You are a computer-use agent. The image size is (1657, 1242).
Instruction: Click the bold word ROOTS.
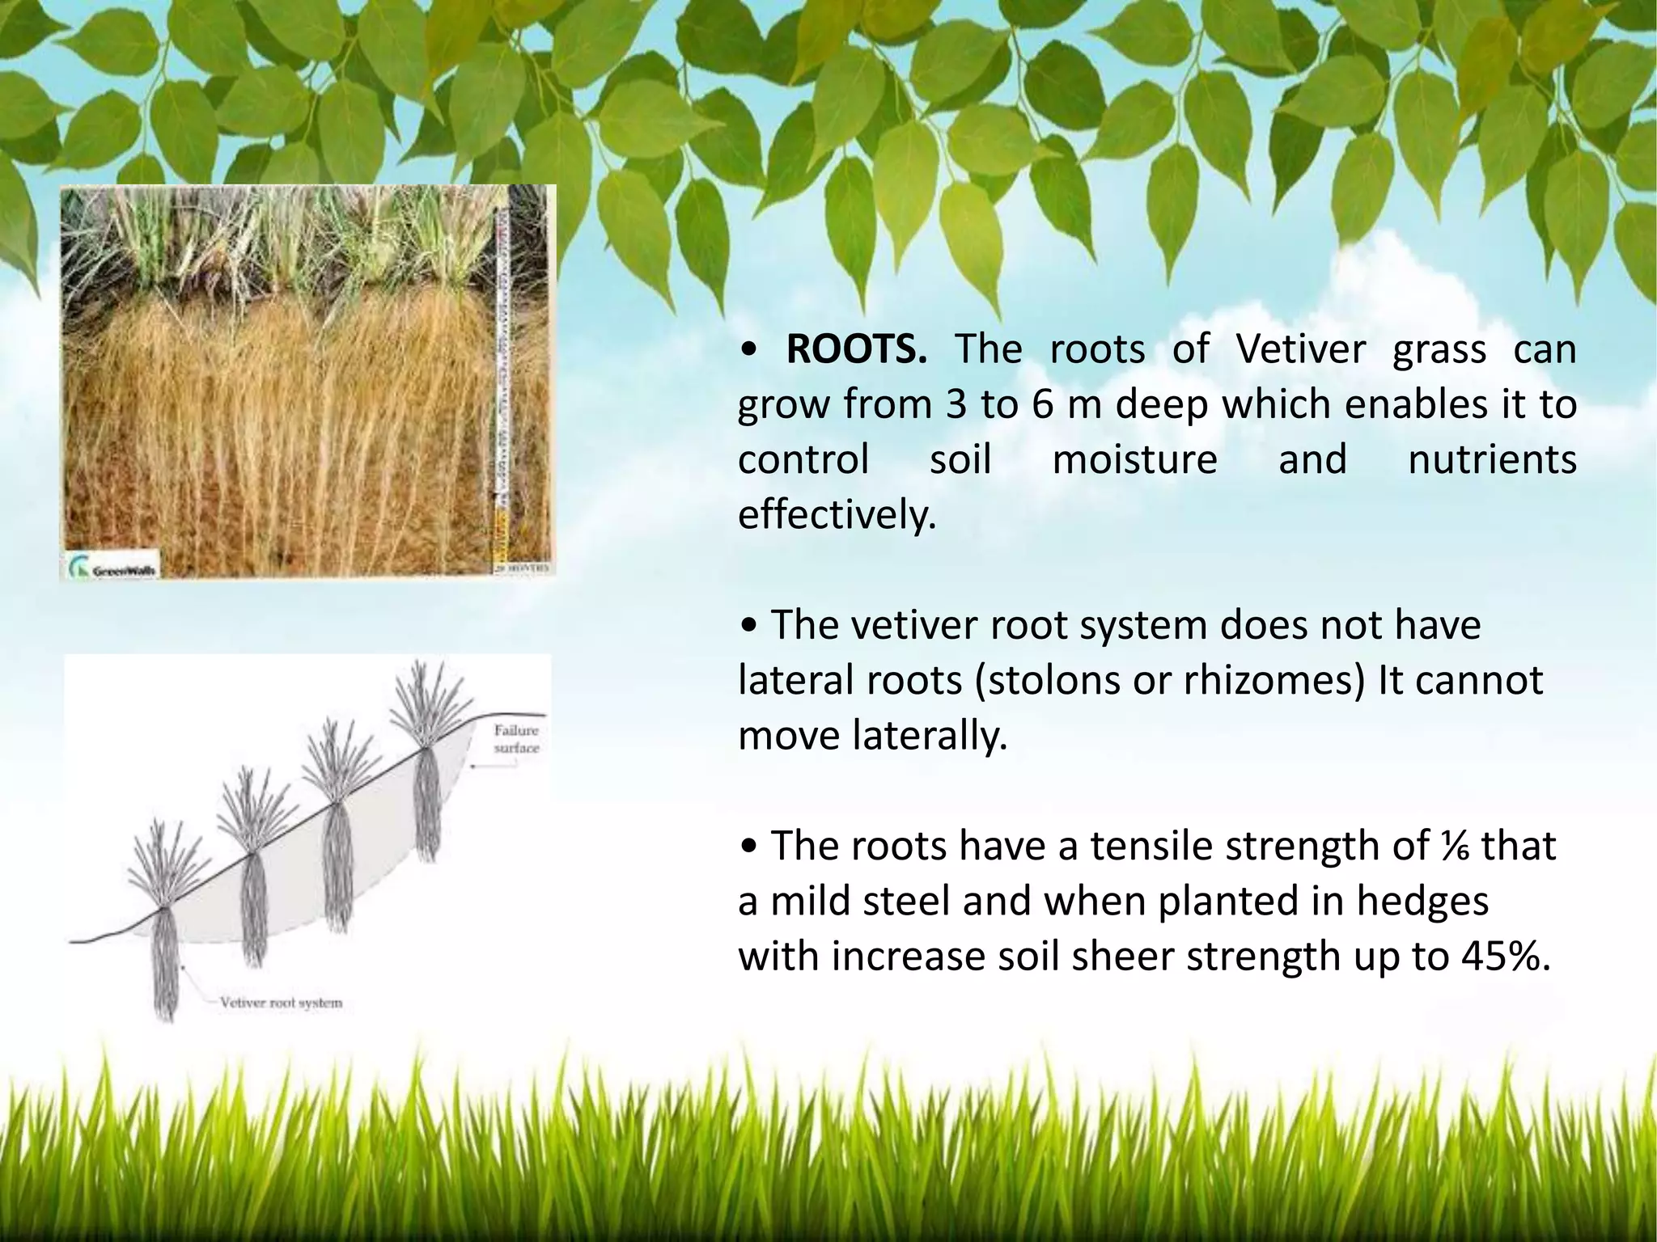click(857, 350)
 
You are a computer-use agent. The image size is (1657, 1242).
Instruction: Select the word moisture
click(1134, 459)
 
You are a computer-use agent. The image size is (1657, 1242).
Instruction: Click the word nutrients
click(1492, 459)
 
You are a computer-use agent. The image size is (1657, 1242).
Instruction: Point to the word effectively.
click(837, 515)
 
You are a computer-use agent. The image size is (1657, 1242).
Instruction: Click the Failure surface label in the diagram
click(516, 739)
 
